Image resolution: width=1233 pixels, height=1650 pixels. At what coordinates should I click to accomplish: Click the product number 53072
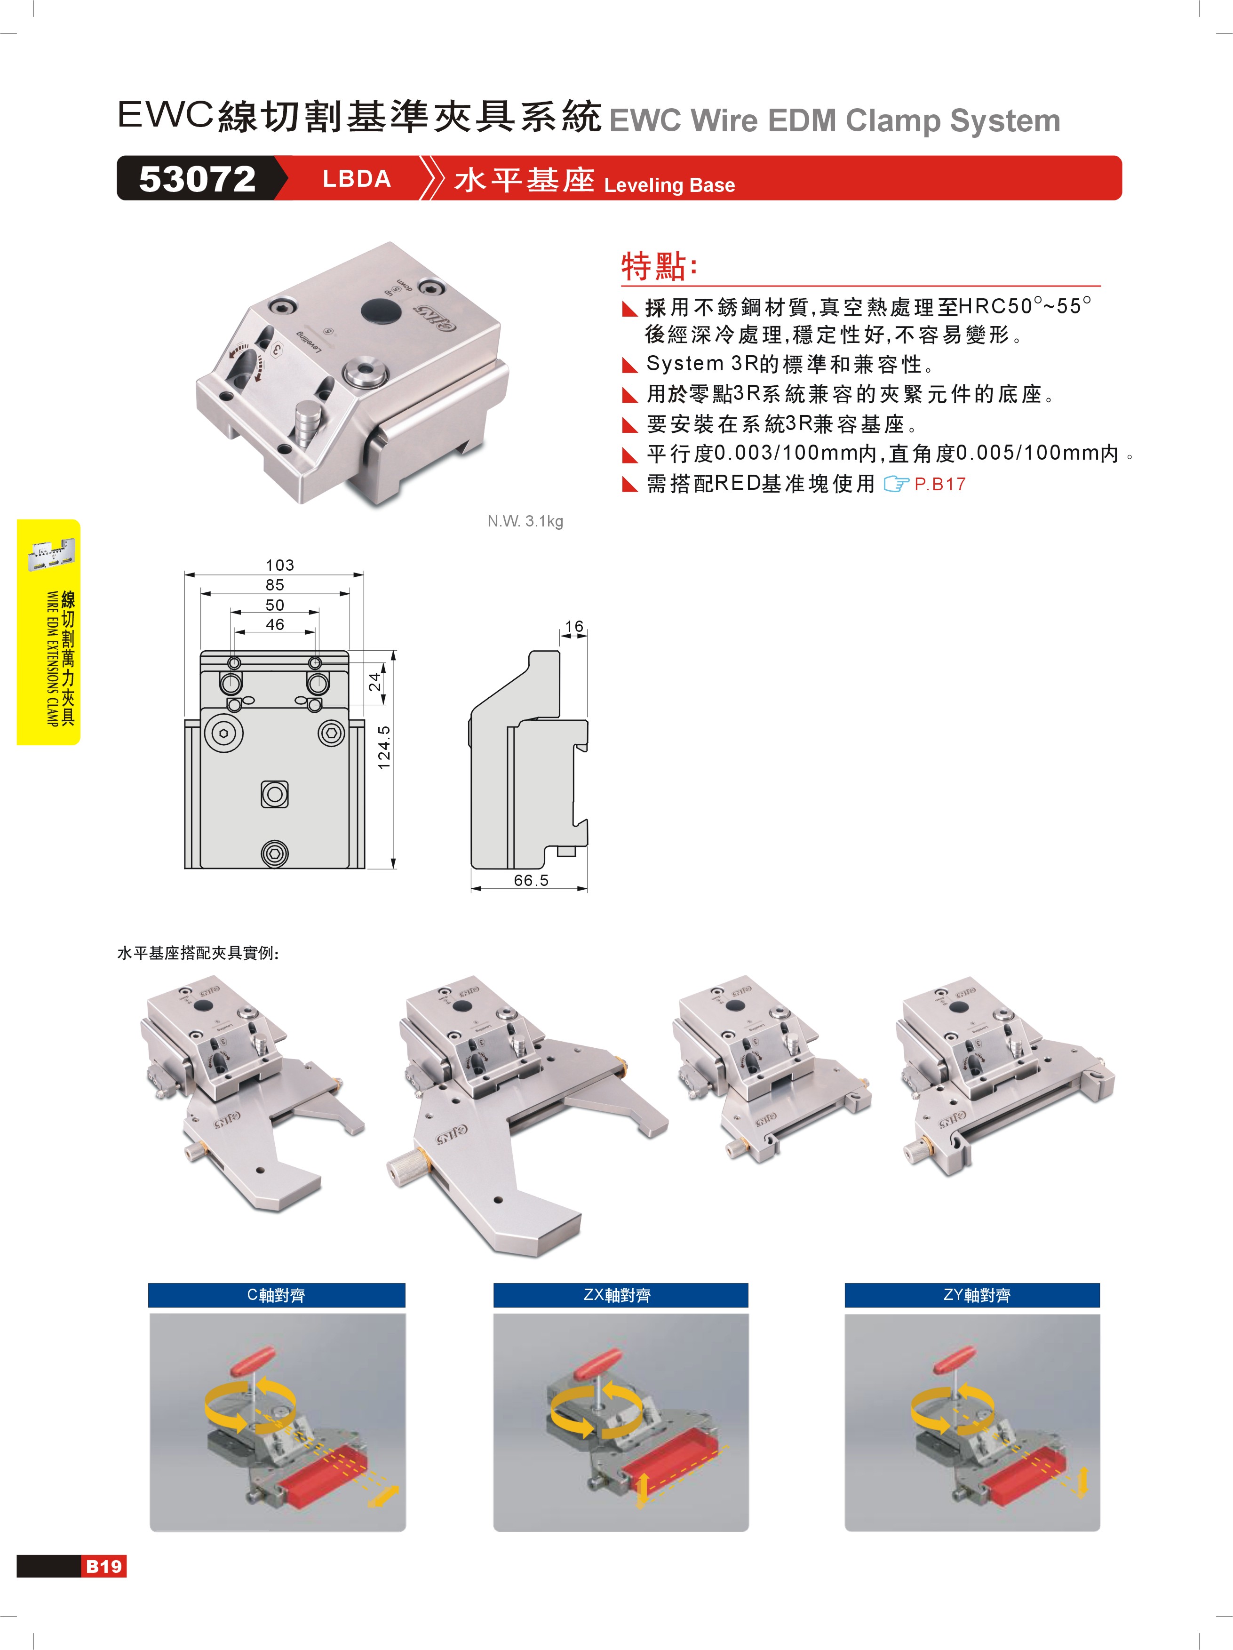pos(198,179)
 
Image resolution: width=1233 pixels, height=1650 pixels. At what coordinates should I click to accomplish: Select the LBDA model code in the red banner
pos(357,179)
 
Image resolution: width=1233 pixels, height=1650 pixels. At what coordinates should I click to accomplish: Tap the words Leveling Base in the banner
pos(669,185)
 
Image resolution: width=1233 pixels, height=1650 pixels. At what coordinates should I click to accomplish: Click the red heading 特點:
pos(660,266)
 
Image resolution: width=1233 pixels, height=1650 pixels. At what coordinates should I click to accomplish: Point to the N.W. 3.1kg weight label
pos(525,521)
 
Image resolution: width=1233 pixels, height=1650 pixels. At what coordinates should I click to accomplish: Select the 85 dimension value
pos(275,585)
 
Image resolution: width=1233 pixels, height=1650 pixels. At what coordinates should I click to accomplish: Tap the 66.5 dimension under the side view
pos(531,880)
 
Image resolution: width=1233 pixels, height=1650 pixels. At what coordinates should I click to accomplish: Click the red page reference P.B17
pos(940,484)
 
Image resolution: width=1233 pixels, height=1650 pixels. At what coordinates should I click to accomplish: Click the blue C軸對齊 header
pos(277,1295)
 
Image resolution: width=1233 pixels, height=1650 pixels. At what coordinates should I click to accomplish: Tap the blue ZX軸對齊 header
pos(620,1295)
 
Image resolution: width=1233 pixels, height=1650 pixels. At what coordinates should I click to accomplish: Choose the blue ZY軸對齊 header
pos(972,1295)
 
